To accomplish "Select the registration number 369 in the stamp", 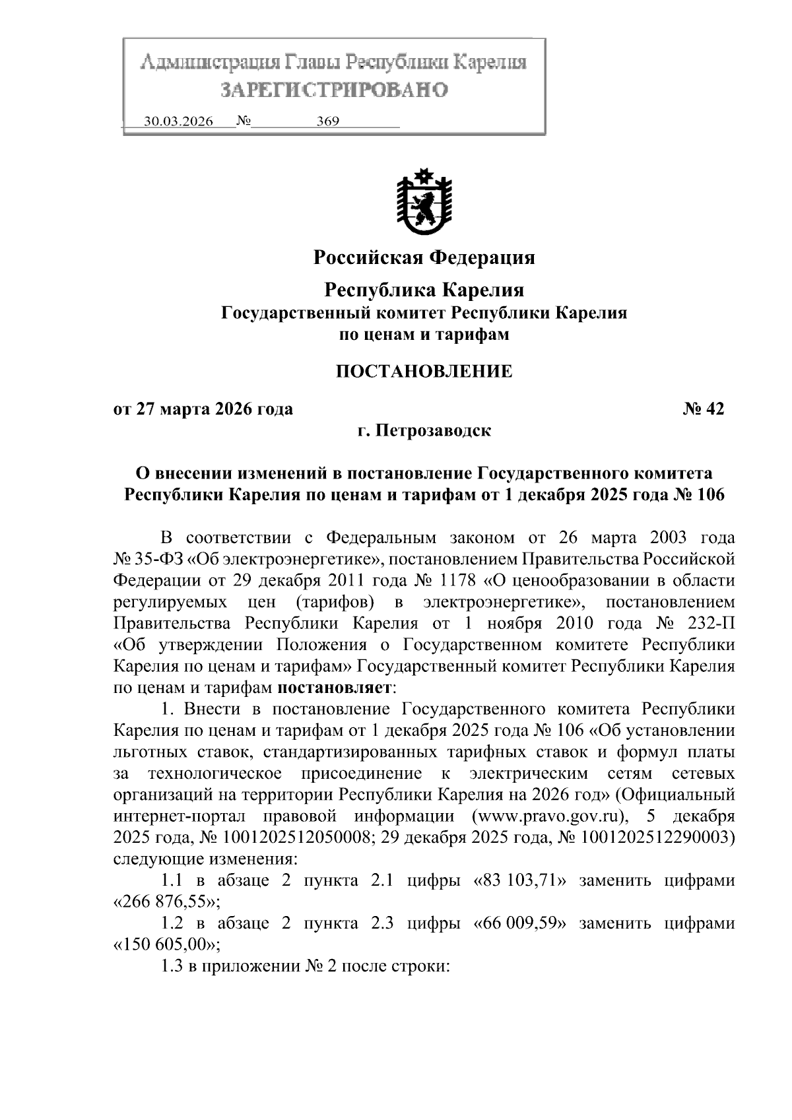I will pyautogui.click(x=328, y=121).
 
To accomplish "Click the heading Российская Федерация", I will pyautogui.click(x=424, y=257).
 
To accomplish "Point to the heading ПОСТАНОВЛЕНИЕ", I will pyautogui.click(x=424, y=372).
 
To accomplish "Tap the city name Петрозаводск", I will pyautogui.click(x=433, y=431).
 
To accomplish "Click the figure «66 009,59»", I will pyautogui.click(x=521, y=923).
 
